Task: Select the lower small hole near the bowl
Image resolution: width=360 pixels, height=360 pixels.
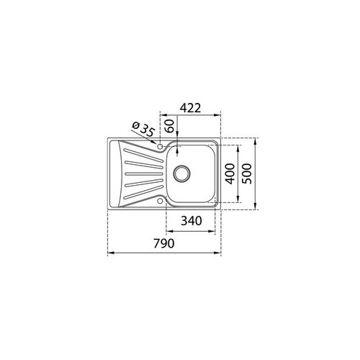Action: coord(160,202)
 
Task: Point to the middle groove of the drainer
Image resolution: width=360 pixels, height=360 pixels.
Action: coord(138,173)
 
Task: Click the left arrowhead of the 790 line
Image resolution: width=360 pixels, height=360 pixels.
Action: coord(109,253)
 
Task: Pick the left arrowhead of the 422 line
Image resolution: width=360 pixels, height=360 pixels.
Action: coord(161,116)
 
